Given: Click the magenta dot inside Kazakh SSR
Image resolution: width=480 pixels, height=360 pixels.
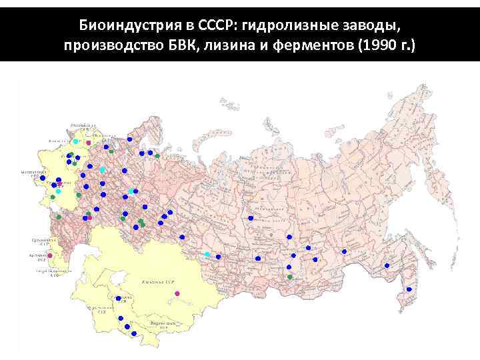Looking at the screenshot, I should (x=178, y=293).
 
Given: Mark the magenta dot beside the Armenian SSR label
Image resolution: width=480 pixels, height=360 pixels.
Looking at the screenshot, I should (x=50, y=255).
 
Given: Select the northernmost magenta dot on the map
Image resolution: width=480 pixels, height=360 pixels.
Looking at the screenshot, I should (x=88, y=142).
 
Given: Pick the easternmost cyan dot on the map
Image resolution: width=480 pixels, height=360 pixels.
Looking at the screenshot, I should (x=207, y=254).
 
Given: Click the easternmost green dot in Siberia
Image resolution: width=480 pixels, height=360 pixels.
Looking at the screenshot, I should (x=289, y=276).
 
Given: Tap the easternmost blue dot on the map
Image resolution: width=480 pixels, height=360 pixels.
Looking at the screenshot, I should (x=409, y=289).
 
